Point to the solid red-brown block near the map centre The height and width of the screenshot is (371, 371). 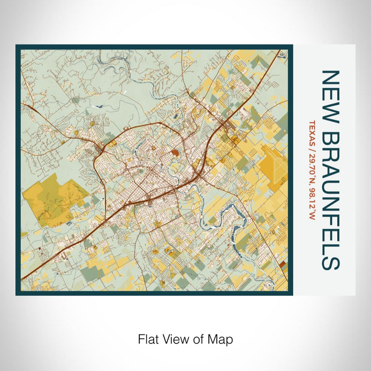[x=174, y=153]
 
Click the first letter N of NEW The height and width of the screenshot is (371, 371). [x=330, y=77]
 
